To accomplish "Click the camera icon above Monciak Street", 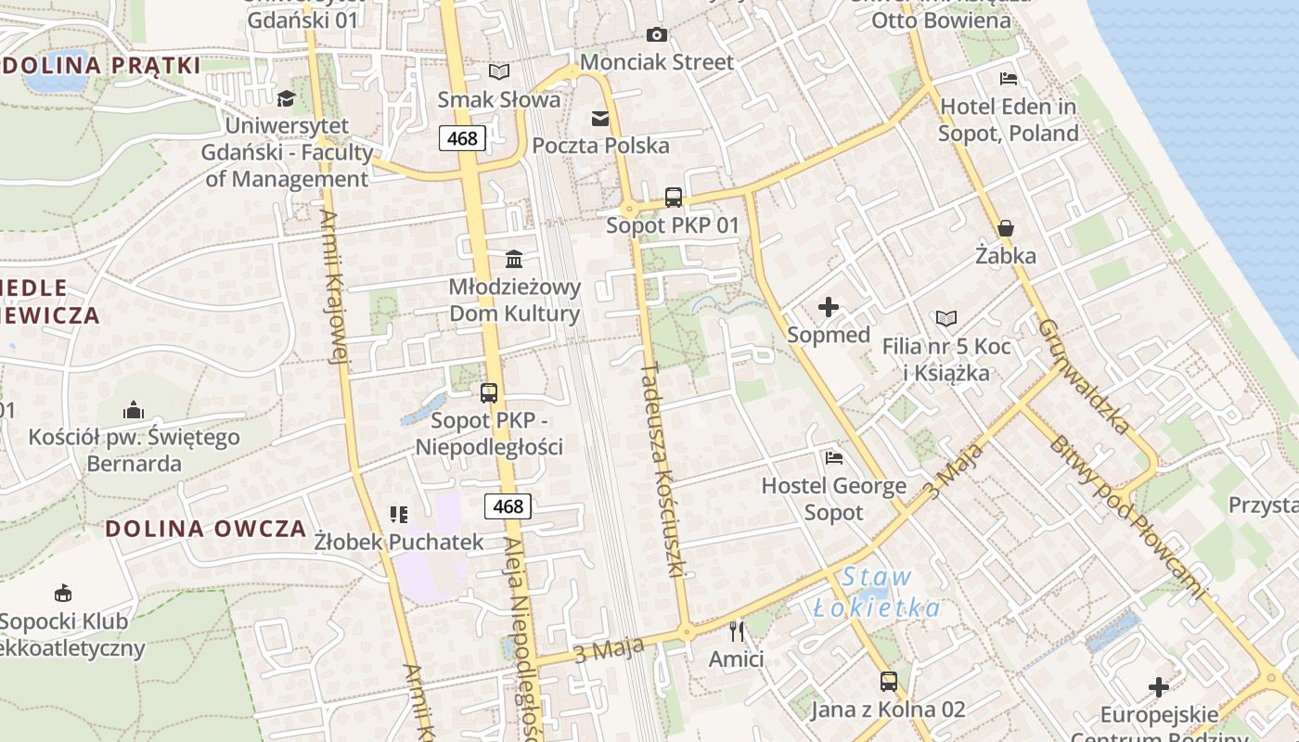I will tap(657, 35).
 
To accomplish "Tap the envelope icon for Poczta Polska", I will tap(600, 119).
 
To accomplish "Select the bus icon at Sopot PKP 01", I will tap(674, 198).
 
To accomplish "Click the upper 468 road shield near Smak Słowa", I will tap(462, 139).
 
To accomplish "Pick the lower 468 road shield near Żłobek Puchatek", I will tap(508, 506).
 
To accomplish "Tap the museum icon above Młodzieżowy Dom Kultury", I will tap(514, 259).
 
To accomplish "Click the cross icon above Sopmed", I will tap(829, 307).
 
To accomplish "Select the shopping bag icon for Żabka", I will tap(1005, 228).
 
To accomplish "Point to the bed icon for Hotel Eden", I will tap(1009, 79).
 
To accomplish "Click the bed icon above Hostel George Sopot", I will tap(834, 457).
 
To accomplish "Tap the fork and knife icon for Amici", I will tap(737, 632).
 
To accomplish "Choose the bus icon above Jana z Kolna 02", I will tap(888, 682).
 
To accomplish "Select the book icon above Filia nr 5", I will tap(946, 319).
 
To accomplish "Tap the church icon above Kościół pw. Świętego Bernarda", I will tap(134, 410).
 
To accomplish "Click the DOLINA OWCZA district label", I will tap(205, 529).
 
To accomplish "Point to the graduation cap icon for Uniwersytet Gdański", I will tap(286, 98).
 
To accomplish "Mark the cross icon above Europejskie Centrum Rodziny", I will tap(1158, 687).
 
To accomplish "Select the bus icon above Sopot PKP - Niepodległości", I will tap(489, 393).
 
